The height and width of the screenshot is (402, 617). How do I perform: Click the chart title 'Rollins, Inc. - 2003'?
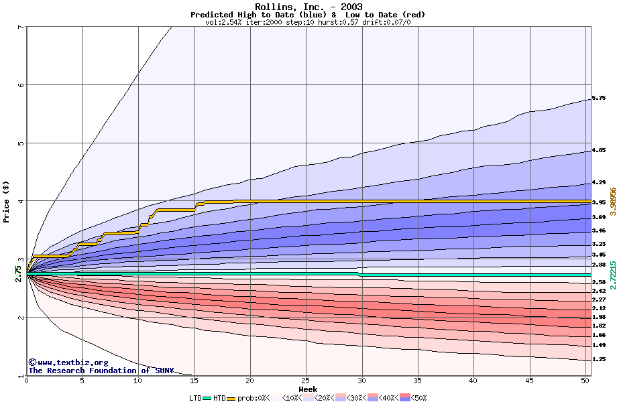pyautogui.click(x=308, y=7)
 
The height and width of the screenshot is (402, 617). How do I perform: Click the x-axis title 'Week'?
pyautogui.click(x=308, y=389)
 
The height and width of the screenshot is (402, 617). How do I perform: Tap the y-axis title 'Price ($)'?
pyautogui.click(x=6, y=201)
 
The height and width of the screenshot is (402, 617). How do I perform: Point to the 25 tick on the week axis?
pyautogui.click(x=306, y=381)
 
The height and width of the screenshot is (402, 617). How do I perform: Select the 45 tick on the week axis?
pyautogui.click(x=530, y=381)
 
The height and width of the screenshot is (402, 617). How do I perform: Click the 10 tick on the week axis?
pyautogui.click(x=138, y=381)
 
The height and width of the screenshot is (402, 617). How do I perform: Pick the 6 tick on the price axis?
pyautogui.click(x=20, y=85)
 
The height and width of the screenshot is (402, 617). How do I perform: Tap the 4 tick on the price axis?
pyautogui.click(x=20, y=201)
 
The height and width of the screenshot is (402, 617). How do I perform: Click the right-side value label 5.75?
pyautogui.click(x=599, y=98)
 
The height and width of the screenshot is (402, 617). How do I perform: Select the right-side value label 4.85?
pyautogui.click(x=599, y=151)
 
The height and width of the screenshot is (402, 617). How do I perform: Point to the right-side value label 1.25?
pyautogui.click(x=599, y=360)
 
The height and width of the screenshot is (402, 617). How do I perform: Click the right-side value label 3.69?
pyautogui.click(x=599, y=217)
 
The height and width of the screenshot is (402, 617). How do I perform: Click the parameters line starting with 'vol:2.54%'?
pyautogui.click(x=308, y=22)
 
